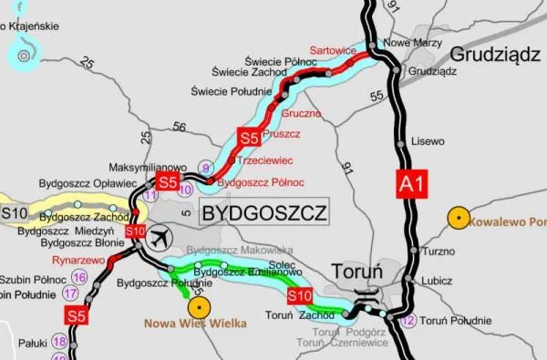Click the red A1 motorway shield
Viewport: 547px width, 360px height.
411,183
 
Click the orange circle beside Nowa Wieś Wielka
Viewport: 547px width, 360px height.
198,306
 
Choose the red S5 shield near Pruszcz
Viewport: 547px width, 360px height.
249,139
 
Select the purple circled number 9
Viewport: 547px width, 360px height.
207,168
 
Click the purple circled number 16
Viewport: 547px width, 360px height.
78,277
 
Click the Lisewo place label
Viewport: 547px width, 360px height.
428,142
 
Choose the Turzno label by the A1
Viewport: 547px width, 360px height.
439,250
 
